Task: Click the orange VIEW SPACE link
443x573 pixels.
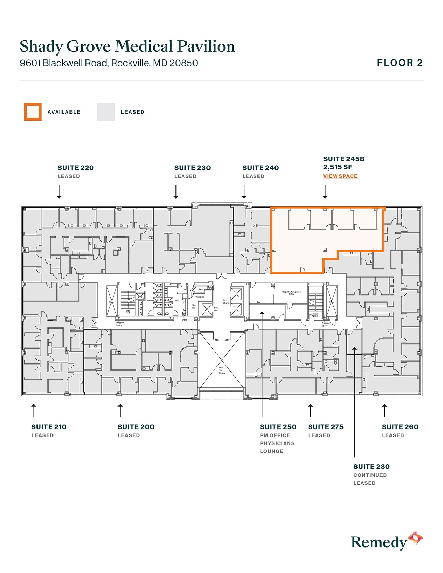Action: (x=340, y=176)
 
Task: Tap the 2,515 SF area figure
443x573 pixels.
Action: (x=338, y=167)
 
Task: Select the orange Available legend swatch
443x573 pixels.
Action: (x=33, y=112)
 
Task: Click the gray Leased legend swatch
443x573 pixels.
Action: (x=106, y=112)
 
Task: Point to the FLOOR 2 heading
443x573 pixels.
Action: (x=400, y=63)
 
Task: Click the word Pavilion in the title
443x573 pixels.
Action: (x=206, y=47)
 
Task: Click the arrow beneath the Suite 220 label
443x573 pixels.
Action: (x=59, y=192)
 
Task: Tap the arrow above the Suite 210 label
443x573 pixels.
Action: (x=34, y=410)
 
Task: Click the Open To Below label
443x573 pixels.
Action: (x=222, y=370)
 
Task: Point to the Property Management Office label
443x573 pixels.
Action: (x=292, y=293)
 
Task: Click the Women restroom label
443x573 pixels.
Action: (x=150, y=300)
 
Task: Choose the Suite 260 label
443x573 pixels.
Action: (x=400, y=427)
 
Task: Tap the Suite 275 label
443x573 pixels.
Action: (x=326, y=427)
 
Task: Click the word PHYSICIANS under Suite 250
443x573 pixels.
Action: (x=277, y=443)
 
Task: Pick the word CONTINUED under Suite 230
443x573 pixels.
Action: (x=370, y=475)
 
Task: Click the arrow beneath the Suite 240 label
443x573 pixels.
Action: (x=244, y=192)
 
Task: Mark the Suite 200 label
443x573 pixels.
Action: (x=136, y=427)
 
